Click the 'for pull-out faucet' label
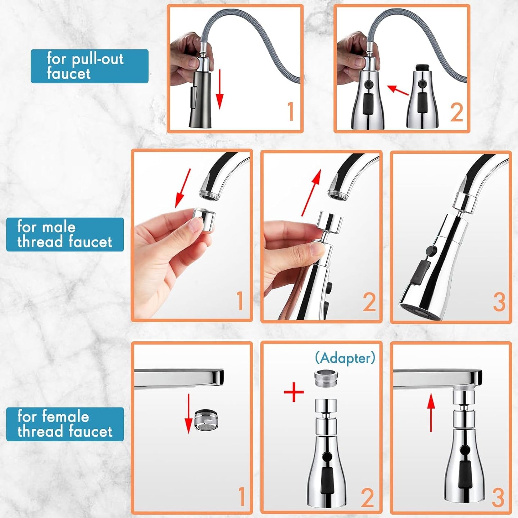(x=89, y=66)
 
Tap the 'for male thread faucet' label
(x=65, y=235)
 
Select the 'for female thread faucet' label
(x=65, y=424)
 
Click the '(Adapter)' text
(x=345, y=358)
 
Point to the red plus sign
(x=294, y=392)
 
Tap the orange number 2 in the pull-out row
(x=456, y=112)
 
